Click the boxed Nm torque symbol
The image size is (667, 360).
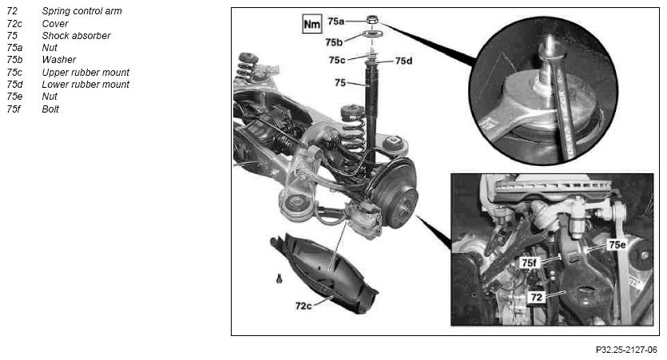pyautogui.click(x=312, y=24)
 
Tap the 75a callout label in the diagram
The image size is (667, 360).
pyautogui.click(x=336, y=21)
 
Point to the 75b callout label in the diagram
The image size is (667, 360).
pyautogui.click(x=334, y=42)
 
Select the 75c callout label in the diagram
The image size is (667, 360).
pyautogui.click(x=337, y=61)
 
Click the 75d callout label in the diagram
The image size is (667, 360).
pyautogui.click(x=403, y=61)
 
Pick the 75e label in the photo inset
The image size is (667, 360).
pyautogui.click(x=617, y=244)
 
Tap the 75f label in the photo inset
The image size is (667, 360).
pyautogui.click(x=529, y=263)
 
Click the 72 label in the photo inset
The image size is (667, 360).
pyautogui.click(x=537, y=297)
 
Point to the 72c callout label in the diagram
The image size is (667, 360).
pyautogui.click(x=304, y=306)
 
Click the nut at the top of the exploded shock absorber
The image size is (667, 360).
pyautogui.click(x=372, y=19)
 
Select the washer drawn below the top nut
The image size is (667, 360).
pyautogui.click(x=372, y=34)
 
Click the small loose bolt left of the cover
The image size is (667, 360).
pyautogui.click(x=279, y=279)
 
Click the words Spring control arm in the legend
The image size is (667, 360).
pyautogui.click(x=81, y=11)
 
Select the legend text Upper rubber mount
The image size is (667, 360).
pyautogui.click(x=85, y=73)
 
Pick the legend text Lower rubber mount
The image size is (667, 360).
pyautogui.click(x=85, y=85)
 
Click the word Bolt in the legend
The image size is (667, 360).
pyautogui.click(x=50, y=109)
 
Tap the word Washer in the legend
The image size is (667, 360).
pyautogui.click(x=58, y=60)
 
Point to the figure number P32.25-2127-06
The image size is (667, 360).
pyautogui.click(x=626, y=350)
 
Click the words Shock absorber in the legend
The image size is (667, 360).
pyautogui.click(x=76, y=36)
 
